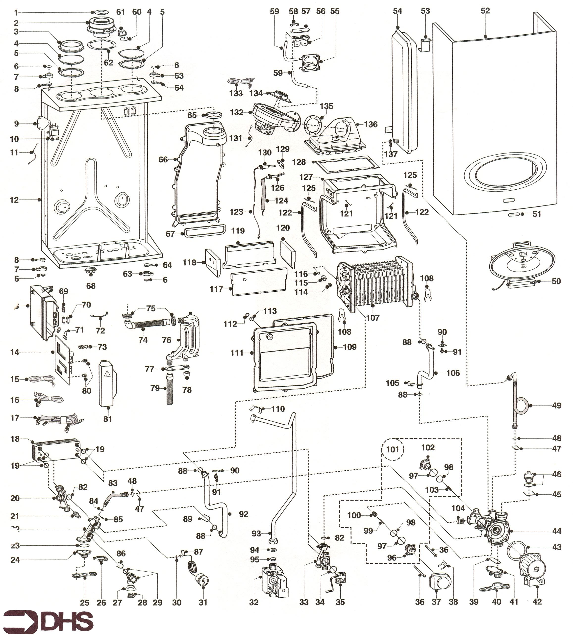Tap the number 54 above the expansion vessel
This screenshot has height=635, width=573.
(x=397, y=11)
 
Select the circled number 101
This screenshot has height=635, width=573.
(x=392, y=449)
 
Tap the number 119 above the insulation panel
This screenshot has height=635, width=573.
(x=238, y=231)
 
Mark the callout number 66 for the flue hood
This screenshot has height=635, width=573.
(x=163, y=160)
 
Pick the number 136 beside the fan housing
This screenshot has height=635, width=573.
(x=371, y=124)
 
